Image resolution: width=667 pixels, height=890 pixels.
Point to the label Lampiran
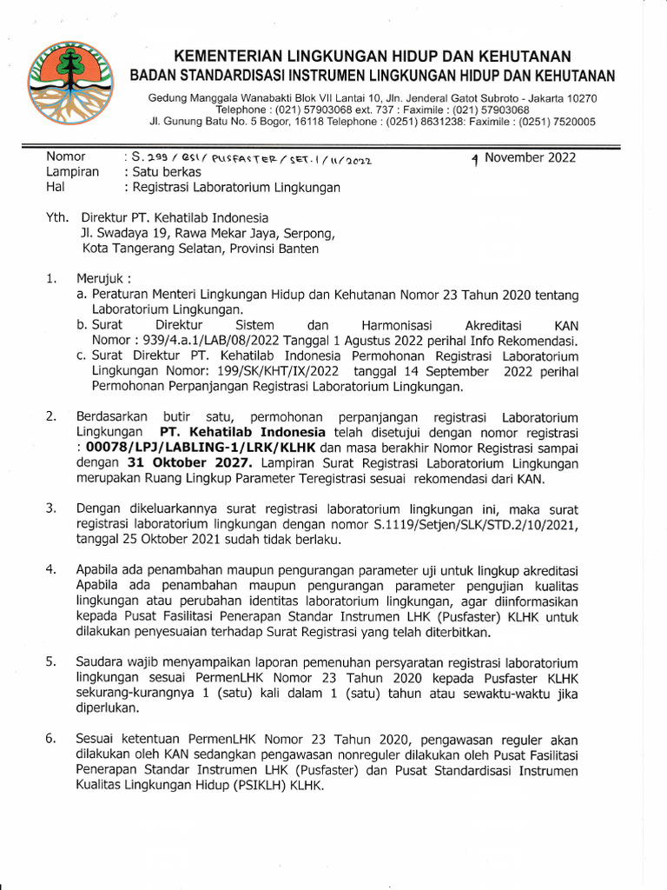72,172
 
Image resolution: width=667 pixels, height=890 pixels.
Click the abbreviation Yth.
56,217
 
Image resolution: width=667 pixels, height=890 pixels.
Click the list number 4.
51,570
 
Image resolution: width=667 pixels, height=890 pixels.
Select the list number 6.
51,739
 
